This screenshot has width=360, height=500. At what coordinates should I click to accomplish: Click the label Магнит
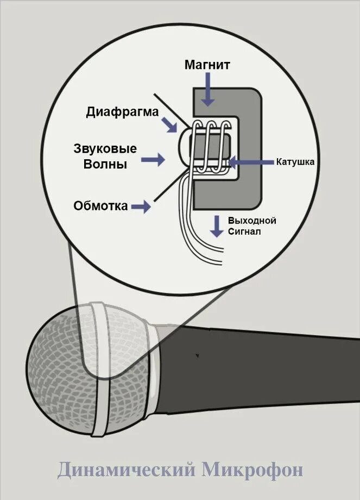[207, 65]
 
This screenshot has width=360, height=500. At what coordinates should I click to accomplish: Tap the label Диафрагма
[122, 112]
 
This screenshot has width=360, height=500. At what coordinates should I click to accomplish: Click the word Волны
[105, 164]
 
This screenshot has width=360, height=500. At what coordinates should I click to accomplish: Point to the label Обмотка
[101, 206]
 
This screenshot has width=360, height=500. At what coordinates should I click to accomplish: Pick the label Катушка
[295, 161]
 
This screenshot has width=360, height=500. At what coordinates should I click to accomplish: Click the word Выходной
[252, 221]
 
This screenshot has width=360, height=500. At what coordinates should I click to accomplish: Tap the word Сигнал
[244, 232]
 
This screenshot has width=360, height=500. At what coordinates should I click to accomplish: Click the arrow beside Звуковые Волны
[153, 159]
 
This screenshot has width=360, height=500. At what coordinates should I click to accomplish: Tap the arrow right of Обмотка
[140, 207]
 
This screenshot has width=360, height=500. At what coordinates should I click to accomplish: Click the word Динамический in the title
[127, 470]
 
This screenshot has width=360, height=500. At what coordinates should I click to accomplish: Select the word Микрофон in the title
[252, 470]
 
